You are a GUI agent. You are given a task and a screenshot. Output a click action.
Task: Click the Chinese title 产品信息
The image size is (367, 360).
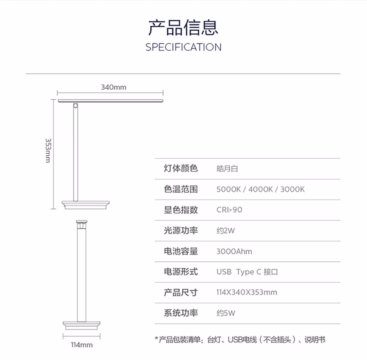click(x=183, y=28)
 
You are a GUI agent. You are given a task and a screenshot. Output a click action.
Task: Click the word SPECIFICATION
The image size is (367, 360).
click(x=183, y=47)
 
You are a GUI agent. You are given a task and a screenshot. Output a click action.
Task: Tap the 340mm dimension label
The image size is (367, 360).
click(x=113, y=87)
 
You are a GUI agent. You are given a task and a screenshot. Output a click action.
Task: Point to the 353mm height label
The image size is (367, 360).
click(x=48, y=150)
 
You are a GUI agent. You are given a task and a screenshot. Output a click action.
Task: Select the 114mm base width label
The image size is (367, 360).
click(x=82, y=345)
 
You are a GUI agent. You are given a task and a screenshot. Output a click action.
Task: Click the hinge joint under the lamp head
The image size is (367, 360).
click(x=75, y=106)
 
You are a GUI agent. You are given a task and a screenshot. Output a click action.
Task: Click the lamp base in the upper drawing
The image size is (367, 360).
click(x=86, y=205)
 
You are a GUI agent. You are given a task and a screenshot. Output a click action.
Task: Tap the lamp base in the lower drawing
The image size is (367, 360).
click(x=82, y=326)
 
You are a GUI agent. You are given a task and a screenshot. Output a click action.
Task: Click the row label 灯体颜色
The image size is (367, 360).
click(x=181, y=169)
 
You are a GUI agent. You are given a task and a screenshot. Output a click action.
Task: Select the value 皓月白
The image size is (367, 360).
click(x=227, y=169)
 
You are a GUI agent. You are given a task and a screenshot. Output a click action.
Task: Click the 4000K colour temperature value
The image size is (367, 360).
click(x=261, y=189)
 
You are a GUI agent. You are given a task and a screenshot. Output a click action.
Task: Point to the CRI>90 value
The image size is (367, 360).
click(x=229, y=210)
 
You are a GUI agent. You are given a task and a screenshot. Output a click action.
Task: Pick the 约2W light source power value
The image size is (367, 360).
click(x=226, y=231)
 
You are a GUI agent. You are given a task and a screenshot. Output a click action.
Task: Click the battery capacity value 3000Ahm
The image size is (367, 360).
click(x=234, y=251)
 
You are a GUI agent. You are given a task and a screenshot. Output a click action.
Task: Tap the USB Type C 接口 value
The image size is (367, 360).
click(x=247, y=272)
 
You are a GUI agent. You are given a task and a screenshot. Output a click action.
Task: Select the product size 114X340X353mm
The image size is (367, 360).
click(x=247, y=292)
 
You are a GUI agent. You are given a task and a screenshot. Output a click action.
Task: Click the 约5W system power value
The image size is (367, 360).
click(x=226, y=313)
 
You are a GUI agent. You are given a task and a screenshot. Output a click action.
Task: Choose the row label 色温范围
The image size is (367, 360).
click(x=181, y=189)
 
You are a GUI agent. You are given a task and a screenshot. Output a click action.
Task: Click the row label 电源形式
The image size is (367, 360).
click(x=181, y=272)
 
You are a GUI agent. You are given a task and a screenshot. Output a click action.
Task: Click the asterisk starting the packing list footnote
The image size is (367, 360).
click(x=156, y=339)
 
